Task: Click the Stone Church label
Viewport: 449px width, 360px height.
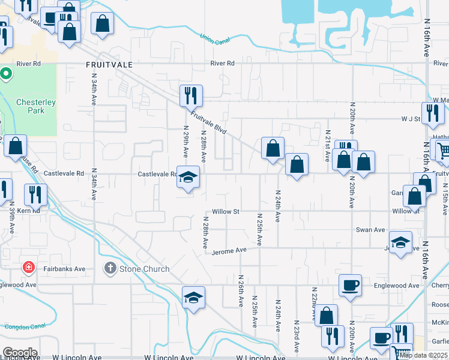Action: [x=144, y=269]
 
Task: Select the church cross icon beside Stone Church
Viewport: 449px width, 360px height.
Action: [x=110, y=268]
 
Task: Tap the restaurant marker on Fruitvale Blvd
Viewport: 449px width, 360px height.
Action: [x=191, y=95]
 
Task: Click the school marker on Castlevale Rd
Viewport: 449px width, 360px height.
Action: [x=188, y=178]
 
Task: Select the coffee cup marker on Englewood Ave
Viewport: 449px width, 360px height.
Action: [x=350, y=286]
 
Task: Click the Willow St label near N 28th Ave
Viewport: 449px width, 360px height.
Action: [x=226, y=212]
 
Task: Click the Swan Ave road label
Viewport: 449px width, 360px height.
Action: [x=370, y=230]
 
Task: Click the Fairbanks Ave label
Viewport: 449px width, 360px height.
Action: [x=67, y=269]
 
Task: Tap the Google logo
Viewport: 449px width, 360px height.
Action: [x=20, y=352]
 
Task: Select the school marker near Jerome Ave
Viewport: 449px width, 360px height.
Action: [x=400, y=243]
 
